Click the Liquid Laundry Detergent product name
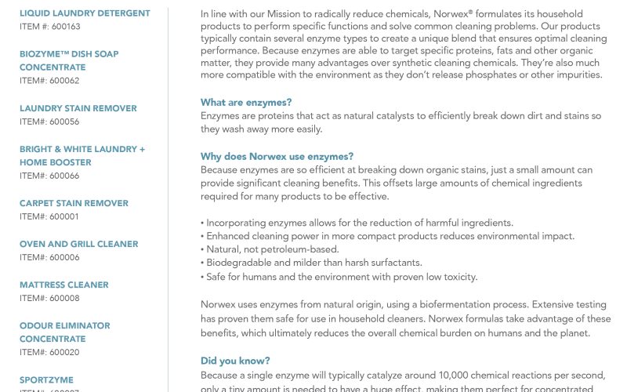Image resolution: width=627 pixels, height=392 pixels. point(85,13)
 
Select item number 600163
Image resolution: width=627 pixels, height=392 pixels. point(50,27)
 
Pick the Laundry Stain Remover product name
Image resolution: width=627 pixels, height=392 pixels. point(78,108)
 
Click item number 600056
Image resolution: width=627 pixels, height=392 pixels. point(49,122)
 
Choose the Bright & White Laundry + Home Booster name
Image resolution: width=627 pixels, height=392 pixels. point(82,155)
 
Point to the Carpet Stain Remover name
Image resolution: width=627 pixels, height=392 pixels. point(74,203)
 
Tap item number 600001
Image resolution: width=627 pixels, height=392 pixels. point(49,216)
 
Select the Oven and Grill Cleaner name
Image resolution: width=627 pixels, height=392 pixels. point(78,244)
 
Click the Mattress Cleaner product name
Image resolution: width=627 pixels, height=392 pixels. point(64,285)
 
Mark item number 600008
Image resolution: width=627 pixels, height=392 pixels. point(49,298)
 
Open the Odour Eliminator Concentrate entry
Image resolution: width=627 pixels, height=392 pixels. point(64,332)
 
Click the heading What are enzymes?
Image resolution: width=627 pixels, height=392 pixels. point(246,103)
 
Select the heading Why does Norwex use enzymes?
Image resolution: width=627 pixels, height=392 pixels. point(277,156)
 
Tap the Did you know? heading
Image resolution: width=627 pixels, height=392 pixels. point(235,361)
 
